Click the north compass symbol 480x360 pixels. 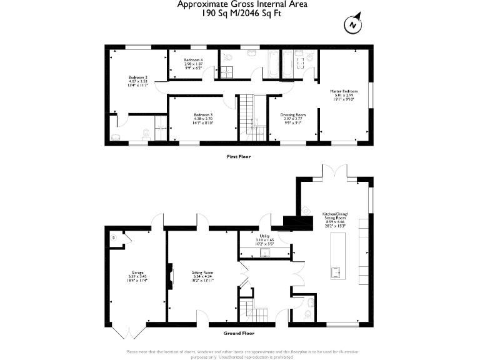point(352,25)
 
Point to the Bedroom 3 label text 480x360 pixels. point(203,119)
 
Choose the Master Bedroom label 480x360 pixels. point(343,94)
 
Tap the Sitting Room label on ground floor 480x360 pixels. point(203,277)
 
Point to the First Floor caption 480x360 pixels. point(238,157)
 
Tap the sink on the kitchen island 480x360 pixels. point(336,272)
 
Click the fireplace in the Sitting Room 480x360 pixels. point(169,276)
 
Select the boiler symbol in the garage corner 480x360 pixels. point(114,238)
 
